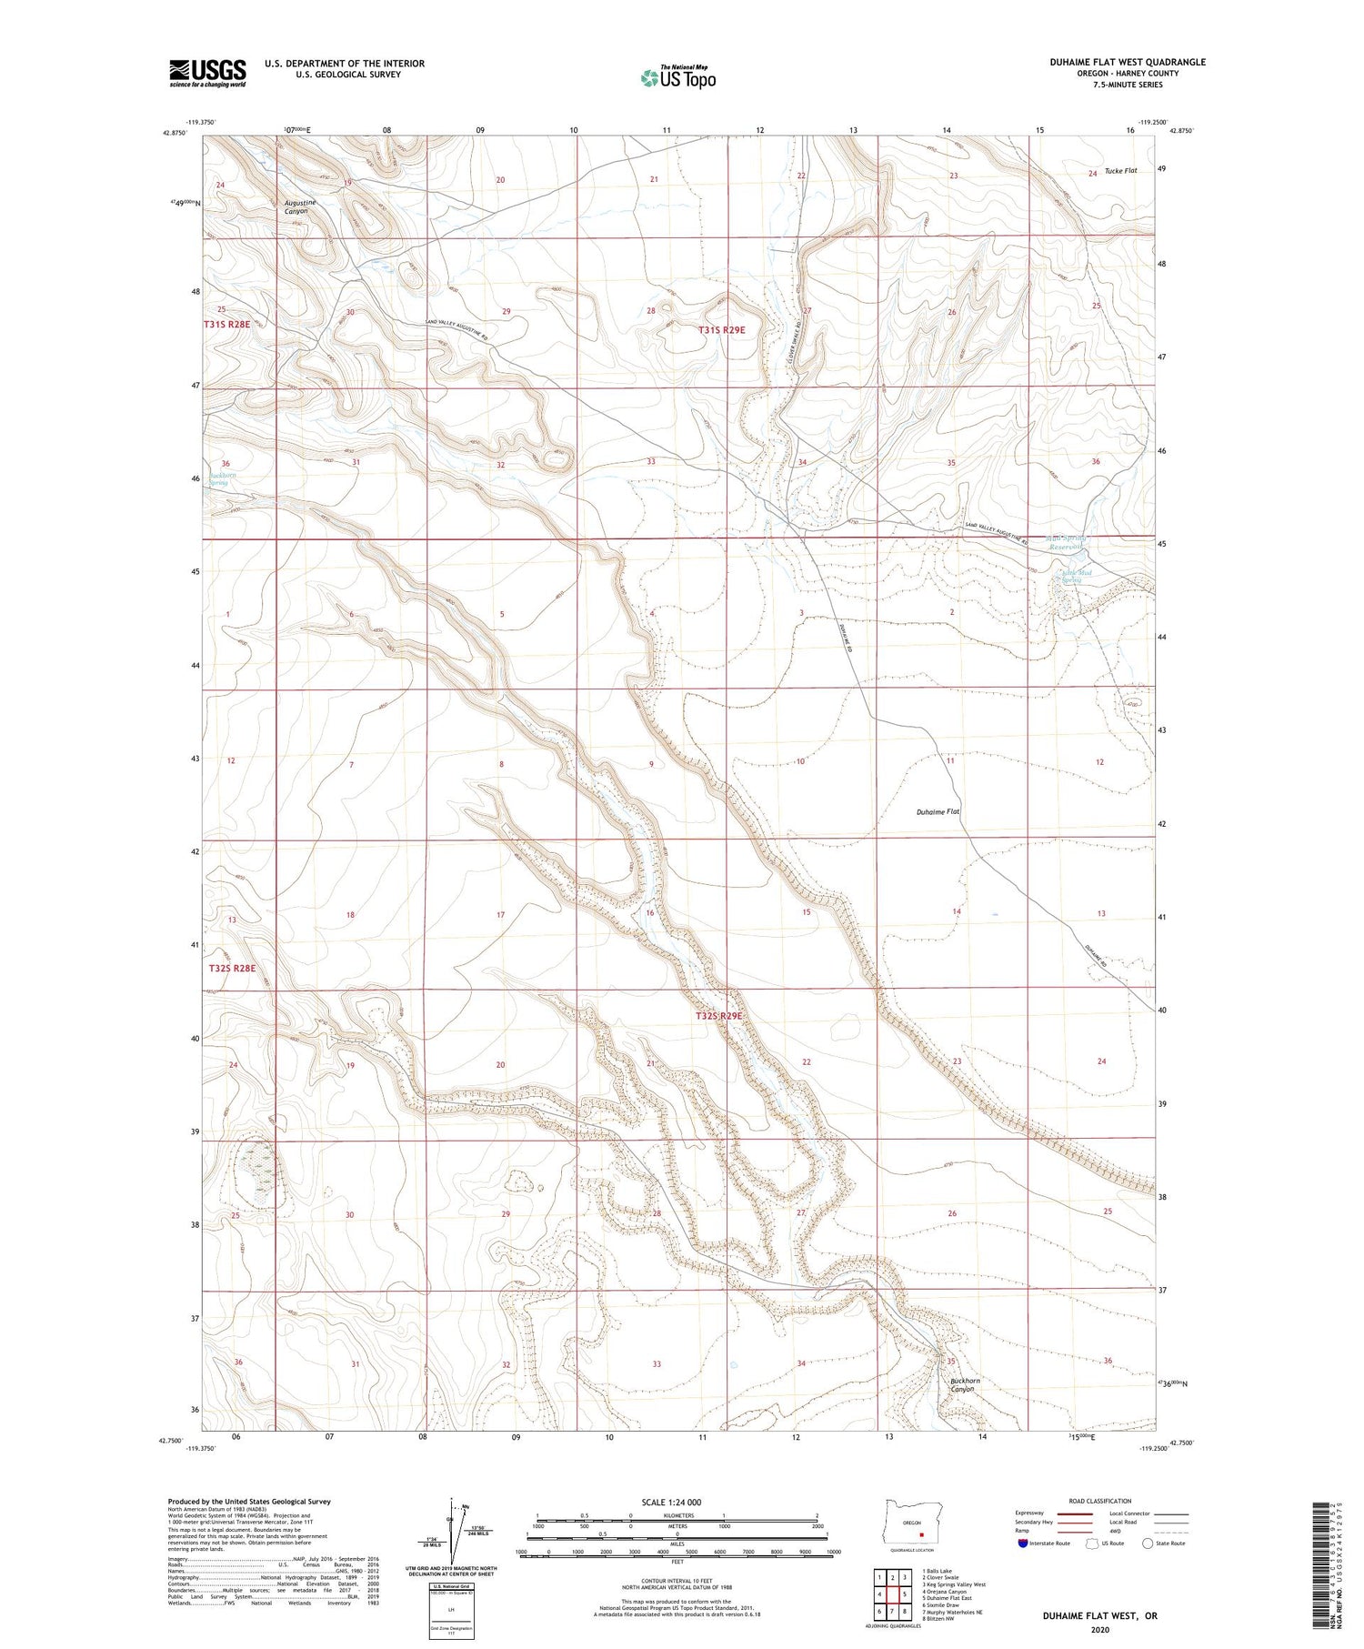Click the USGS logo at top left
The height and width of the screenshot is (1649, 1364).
(x=207, y=73)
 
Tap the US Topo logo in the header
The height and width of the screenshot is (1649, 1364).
(x=677, y=77)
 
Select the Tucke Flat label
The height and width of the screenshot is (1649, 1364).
(x=1120, y=171)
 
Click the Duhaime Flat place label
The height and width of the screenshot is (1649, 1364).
(x=939, y=811)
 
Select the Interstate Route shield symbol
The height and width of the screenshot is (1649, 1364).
(x=1023, y=1543)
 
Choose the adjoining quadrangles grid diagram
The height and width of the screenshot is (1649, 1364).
(x=892, y=1594)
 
